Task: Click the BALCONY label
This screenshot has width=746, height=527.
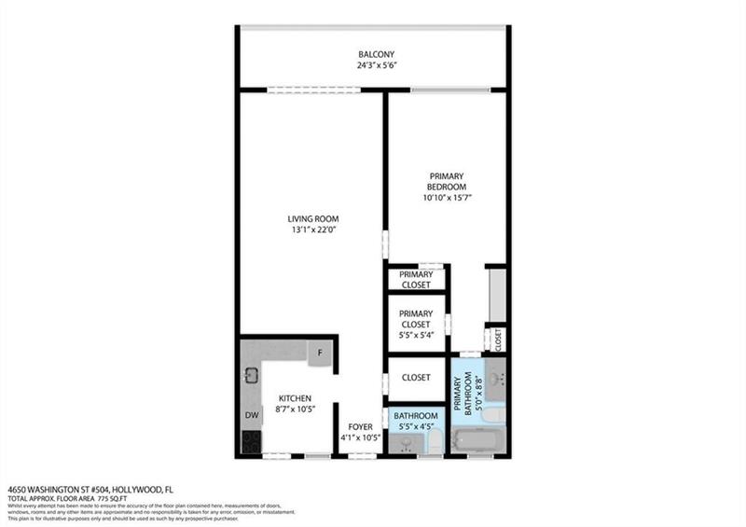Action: coord(376,54)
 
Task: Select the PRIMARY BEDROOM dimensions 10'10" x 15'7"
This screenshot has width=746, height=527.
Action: coord(447,198)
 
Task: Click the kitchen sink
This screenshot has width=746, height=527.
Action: coord(252,376)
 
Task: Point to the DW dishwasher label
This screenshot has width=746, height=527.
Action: coord(252,415)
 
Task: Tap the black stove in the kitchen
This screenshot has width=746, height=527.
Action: coord(251,442)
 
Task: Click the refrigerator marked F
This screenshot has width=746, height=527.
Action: coord(320,354)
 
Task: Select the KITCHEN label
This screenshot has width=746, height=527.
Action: coord(294,397)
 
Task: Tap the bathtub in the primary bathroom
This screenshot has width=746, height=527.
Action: coord(479,441)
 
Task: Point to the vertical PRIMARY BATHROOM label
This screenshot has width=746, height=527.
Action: coord(459,394)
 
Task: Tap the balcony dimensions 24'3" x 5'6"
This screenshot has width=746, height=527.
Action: coord(376,66)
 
